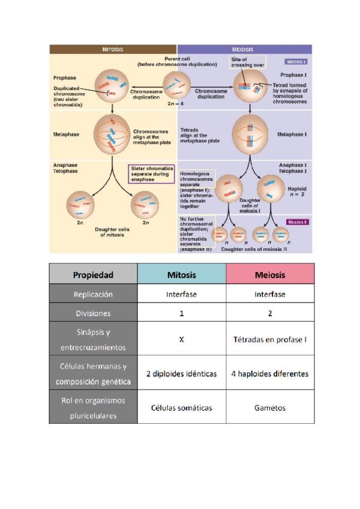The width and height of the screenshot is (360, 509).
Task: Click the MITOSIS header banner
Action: (x=113, y=49)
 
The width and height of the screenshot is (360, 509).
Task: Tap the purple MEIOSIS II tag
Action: (x=298, y=222)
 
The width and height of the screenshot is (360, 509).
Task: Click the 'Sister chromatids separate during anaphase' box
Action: (x=152, y=173)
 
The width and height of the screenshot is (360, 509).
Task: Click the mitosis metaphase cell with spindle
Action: (x=113, y=133)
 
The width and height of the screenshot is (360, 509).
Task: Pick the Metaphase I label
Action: (x=292, y=134)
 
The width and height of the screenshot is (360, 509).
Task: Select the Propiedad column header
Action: (x=93, y=275)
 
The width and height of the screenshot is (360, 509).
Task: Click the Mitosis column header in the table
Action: (x=181, y=275)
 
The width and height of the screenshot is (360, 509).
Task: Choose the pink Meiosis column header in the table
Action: (x=270, y=275)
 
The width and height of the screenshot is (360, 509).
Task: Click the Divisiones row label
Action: (x=93, y=313)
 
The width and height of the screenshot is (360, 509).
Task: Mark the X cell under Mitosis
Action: (x=181, y=339)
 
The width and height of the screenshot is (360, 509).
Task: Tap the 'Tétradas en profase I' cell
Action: (x=270, y=339)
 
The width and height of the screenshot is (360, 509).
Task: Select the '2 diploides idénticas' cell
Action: (x=181, y=373)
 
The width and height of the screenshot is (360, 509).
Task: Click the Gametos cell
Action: (x=270, y=408)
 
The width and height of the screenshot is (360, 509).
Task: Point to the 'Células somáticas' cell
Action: (x=181, y=408)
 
